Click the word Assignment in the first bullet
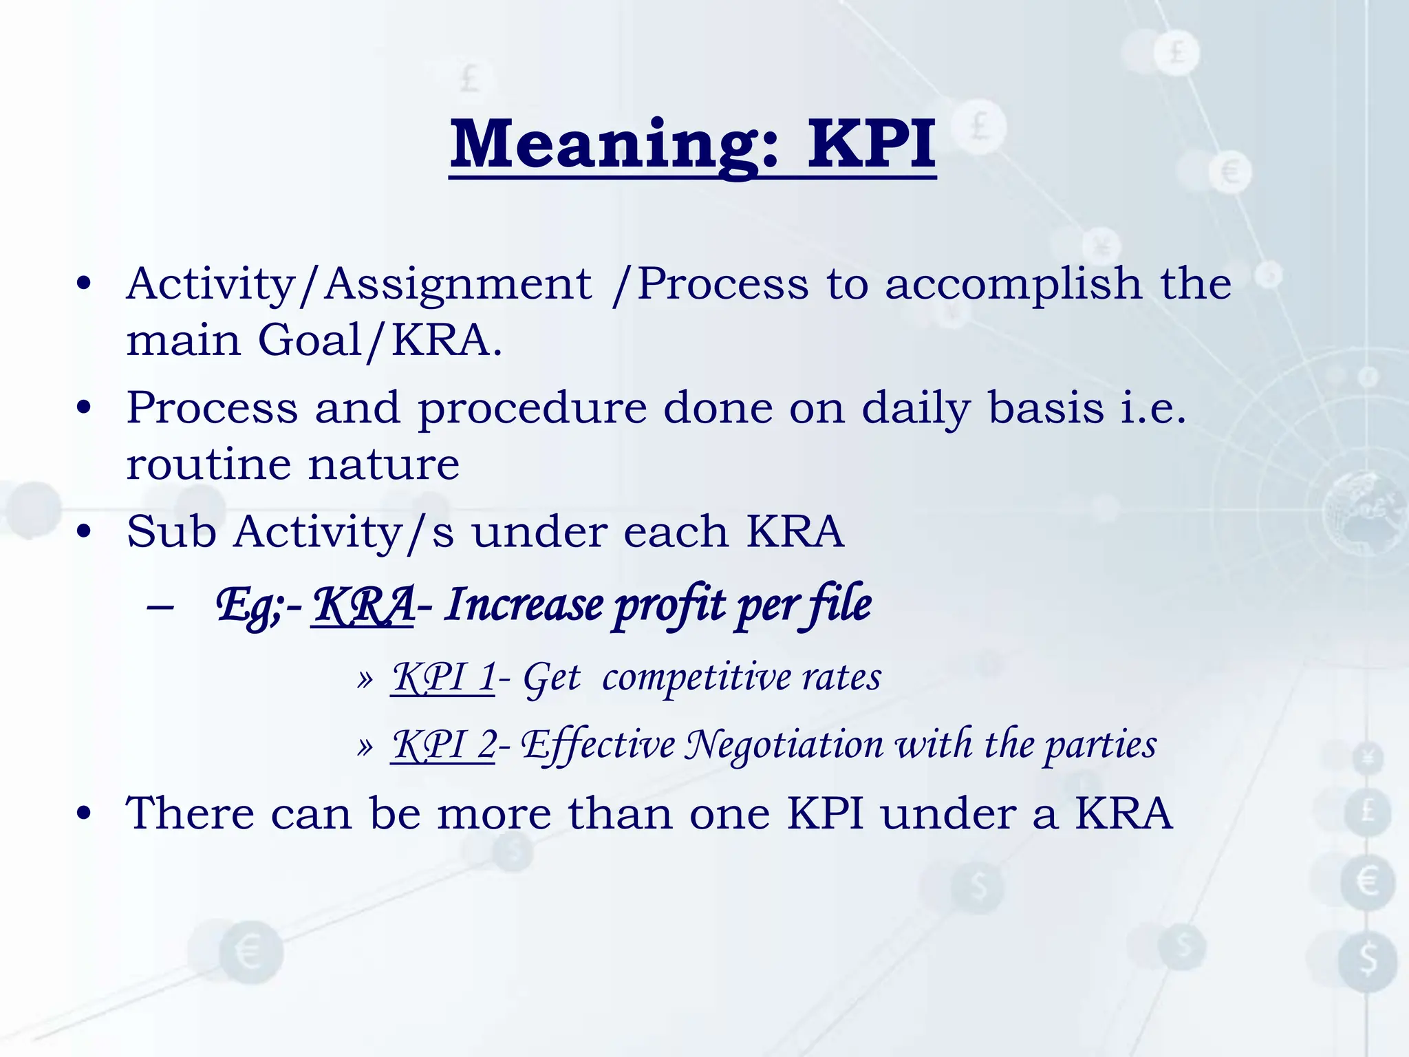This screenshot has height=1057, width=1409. tap(458, 284)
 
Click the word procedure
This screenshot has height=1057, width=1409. tap(533, 409)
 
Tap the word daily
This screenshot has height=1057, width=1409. tap(916, 409)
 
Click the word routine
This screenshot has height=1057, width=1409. tap(208, 464)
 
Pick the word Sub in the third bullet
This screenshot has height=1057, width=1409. tap(171, 532)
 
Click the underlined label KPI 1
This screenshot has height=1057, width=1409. tap(443, 677)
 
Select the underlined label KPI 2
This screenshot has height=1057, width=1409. tap(443, 745)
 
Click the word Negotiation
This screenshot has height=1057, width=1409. tap(784, 745)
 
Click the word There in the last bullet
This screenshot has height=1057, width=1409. tap(190, 813)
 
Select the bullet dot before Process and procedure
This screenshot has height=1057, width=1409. tap(84, 408)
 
